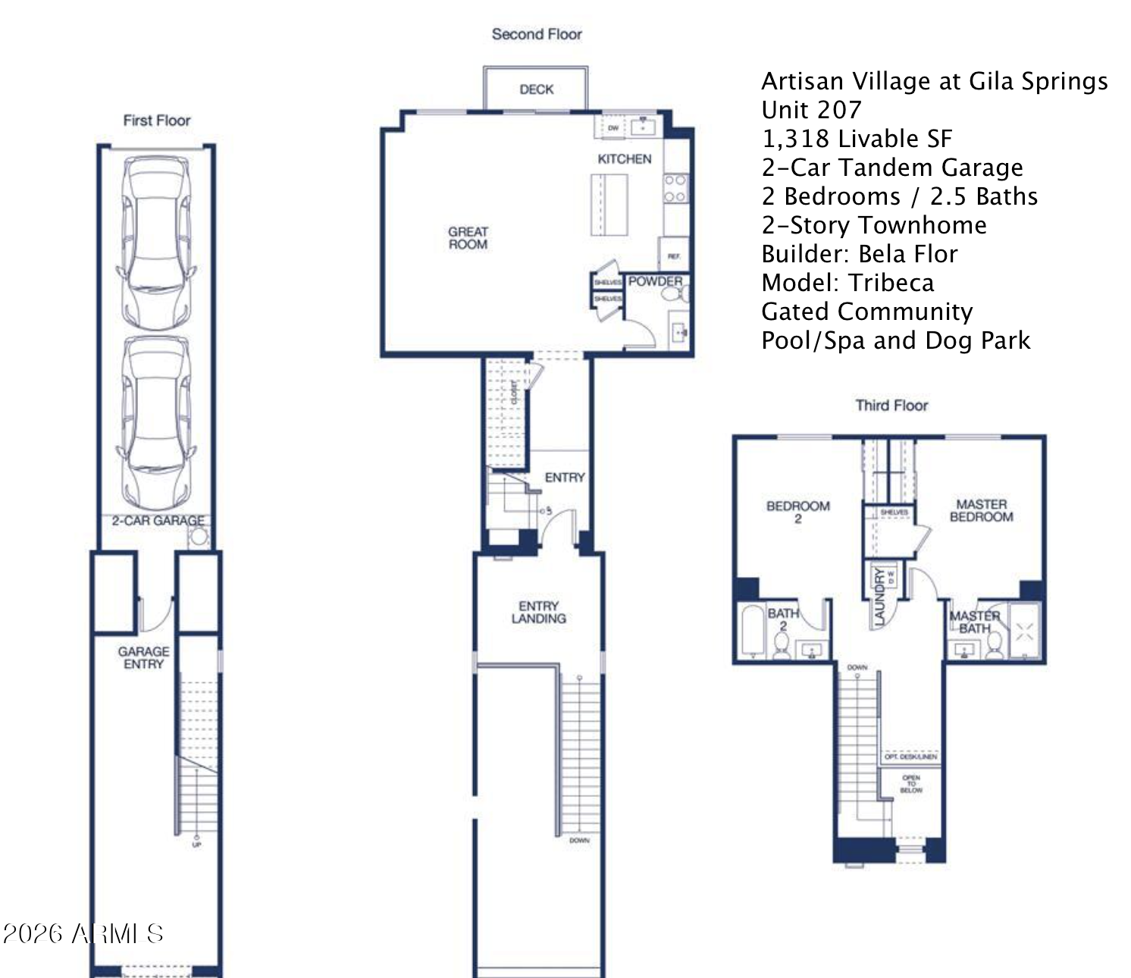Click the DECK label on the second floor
tap(536, 89)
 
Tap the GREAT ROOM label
tap(468, 238)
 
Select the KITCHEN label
tap(624, 159)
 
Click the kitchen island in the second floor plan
tap(609, 205)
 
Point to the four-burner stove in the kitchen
tap(675, 188)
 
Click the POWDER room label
tap(655, 281)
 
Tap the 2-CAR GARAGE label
tap(158, 521)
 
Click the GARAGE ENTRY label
tap(143, 657)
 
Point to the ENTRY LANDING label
tap(538, 612)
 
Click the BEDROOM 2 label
tap(797, 512)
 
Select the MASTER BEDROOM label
tap(981, 510)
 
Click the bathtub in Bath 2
tap(753, 631)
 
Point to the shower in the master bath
tap(1024, 631)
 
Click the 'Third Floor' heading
tap(891, 406)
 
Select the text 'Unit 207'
tap(811, 110)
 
